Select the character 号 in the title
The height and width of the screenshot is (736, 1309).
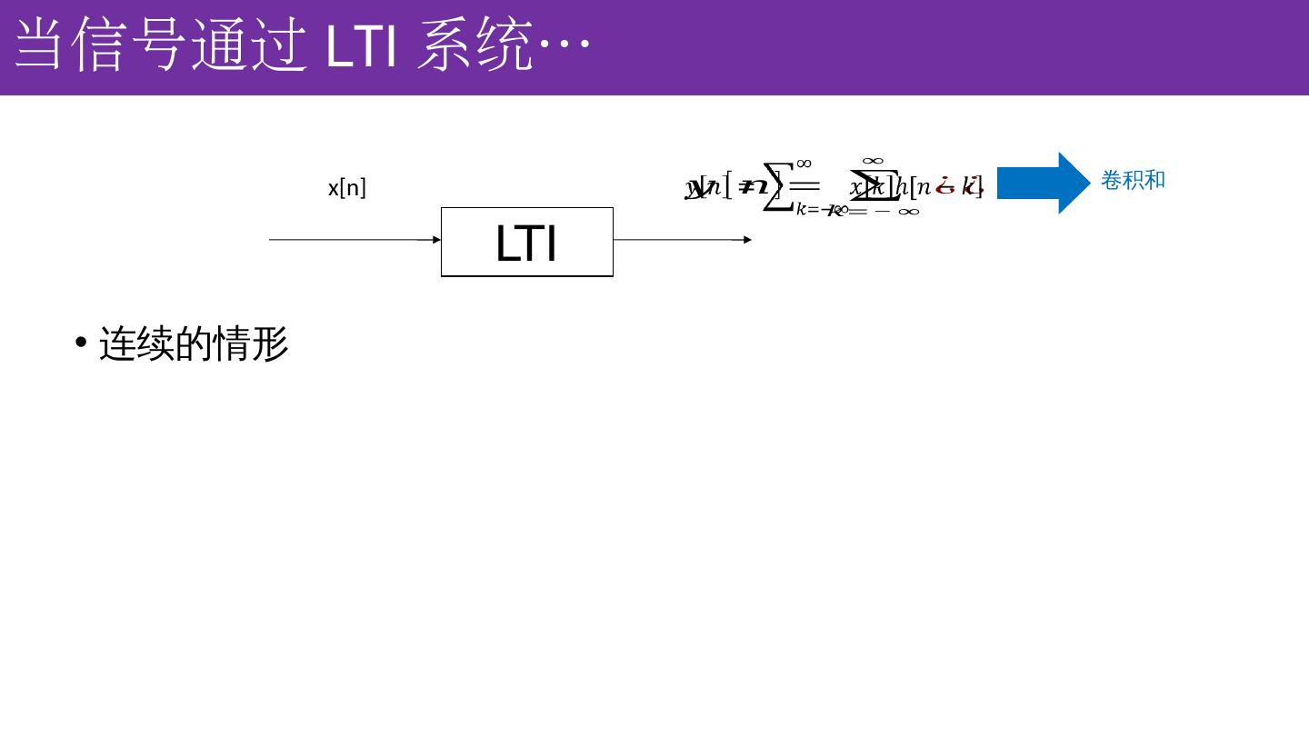tap(158, 43)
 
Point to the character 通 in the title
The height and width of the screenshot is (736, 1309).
tap(219, 43)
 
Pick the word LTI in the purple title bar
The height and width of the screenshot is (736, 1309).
tap(361, 43)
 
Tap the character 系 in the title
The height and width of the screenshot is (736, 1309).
tap(445, 43)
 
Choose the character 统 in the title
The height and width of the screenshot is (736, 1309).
tap(505, 43)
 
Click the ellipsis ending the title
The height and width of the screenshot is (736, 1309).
tap(565, 43)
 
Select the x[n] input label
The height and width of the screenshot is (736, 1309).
tap(346, 188)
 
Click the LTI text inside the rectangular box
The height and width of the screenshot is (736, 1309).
tap(526, 244)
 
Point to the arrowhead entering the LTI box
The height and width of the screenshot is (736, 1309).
tap(436, 240)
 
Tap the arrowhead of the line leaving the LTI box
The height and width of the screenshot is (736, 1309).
tap(747, 240)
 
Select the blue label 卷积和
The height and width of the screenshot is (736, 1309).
tap(1133, 180)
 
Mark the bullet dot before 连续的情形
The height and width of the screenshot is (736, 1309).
tap(81, 343)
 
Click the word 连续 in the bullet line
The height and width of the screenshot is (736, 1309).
tap(136, 344)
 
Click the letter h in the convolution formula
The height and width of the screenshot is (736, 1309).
tap(902, 187)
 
